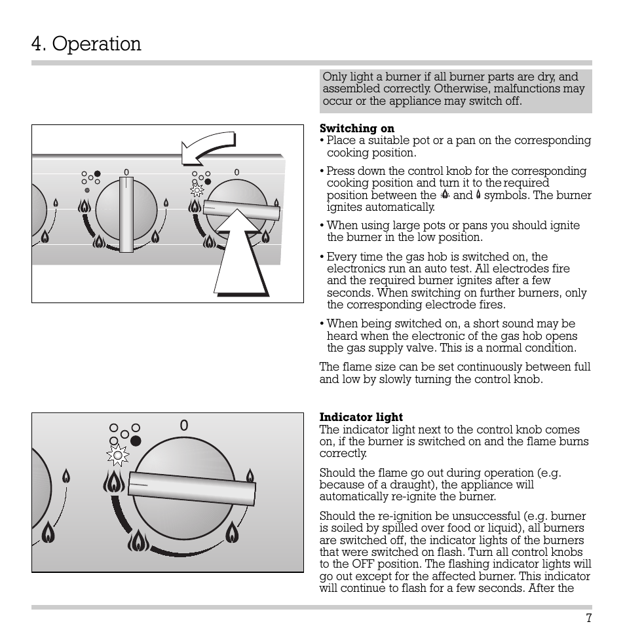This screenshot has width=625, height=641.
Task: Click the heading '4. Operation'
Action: (x=86, y=44)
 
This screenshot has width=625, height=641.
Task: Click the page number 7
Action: (x=588, y=619)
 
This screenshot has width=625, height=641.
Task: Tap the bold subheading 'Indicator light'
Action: (x=361, y=417)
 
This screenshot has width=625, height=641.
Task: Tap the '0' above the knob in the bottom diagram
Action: (x=184, y=426)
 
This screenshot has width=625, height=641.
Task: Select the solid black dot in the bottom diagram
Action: (x=136, y=440)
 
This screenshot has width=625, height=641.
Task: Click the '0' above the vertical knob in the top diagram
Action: (x=126, y=173)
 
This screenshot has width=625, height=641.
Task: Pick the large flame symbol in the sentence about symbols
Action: (x=445, y=194)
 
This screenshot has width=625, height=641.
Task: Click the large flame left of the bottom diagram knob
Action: (x=114, y=483)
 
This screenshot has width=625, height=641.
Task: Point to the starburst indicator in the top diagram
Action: (x=197, y=191)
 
